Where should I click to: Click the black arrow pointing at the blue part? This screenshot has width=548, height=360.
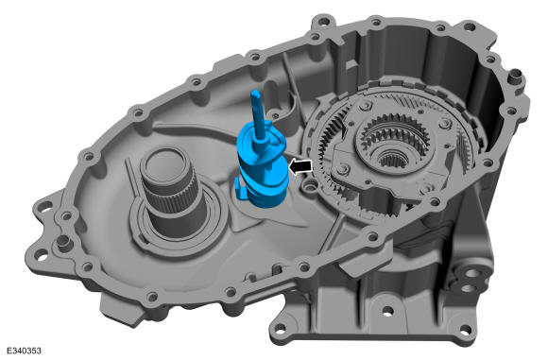click(300, 166)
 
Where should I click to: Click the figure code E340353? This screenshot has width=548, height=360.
click(24, 351)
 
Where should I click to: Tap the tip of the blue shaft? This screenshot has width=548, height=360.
click(255, 93)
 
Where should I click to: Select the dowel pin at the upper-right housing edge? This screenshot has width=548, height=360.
click(514, 76)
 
